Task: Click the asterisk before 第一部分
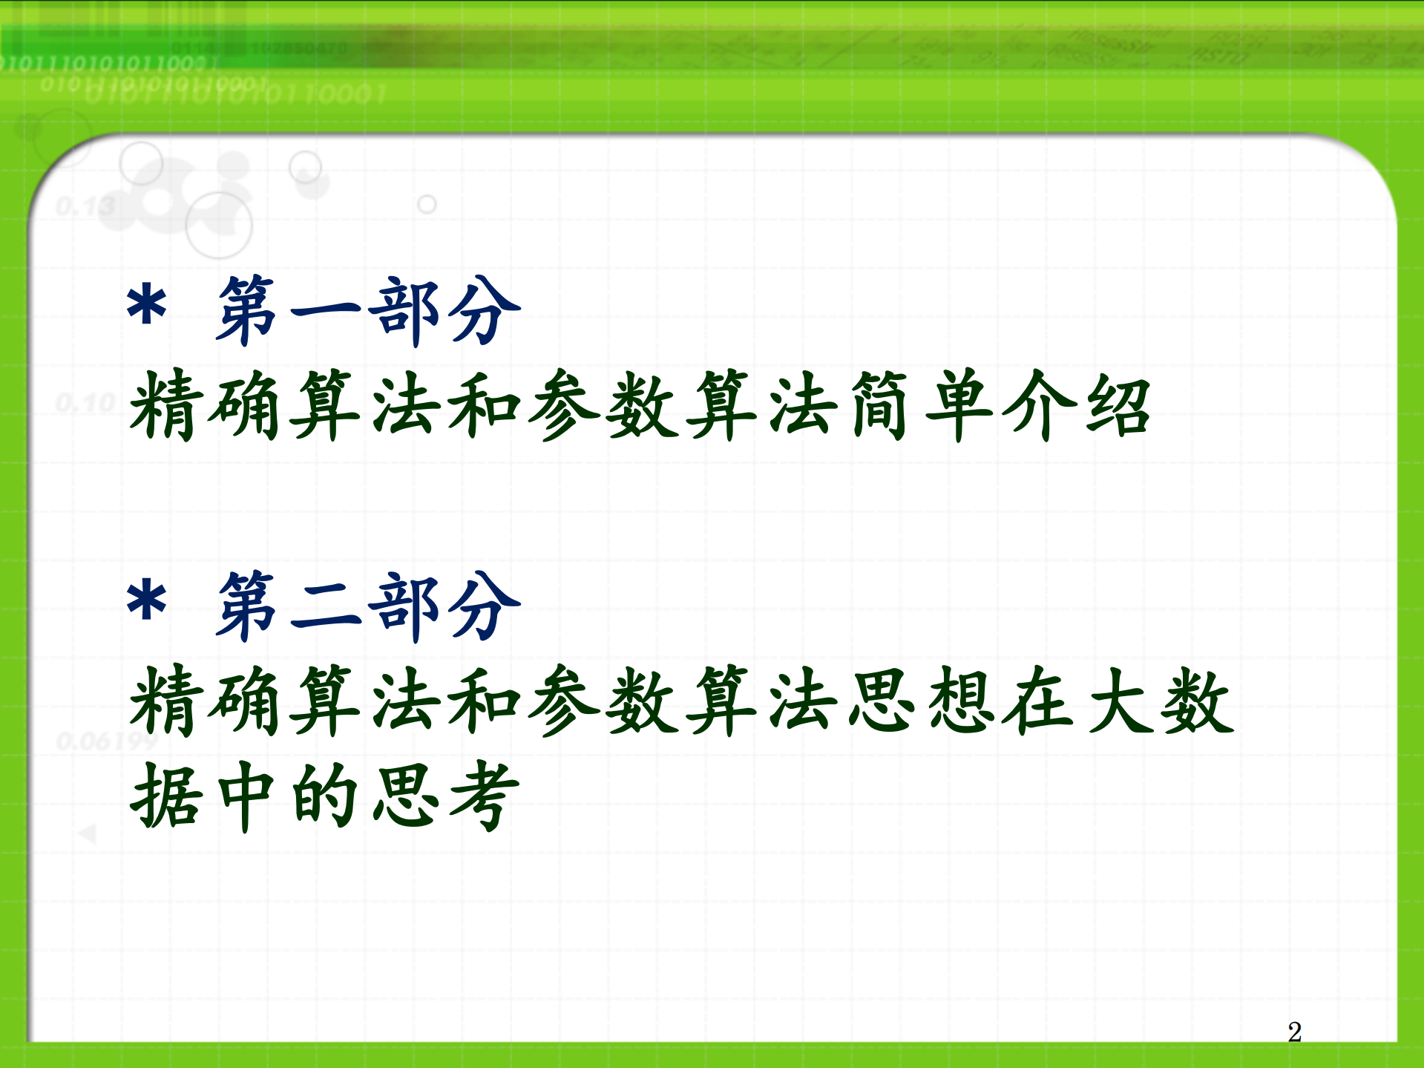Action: point(146,307)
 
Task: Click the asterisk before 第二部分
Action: point(146,601)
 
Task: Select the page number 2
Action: point(1294,1032)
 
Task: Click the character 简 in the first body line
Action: point(879,405)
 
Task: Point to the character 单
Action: point(959,405)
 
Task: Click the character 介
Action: point(1039,405)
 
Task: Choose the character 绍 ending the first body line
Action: point(1118,405)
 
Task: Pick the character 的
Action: point(327,796)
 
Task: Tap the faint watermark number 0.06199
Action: point(107,741)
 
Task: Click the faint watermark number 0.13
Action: point(85,206)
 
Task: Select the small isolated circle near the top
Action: point(427,204)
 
